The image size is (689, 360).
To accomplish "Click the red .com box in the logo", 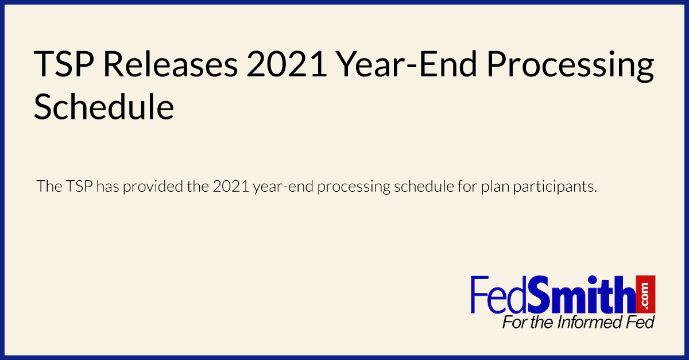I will (x=647, y=293).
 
